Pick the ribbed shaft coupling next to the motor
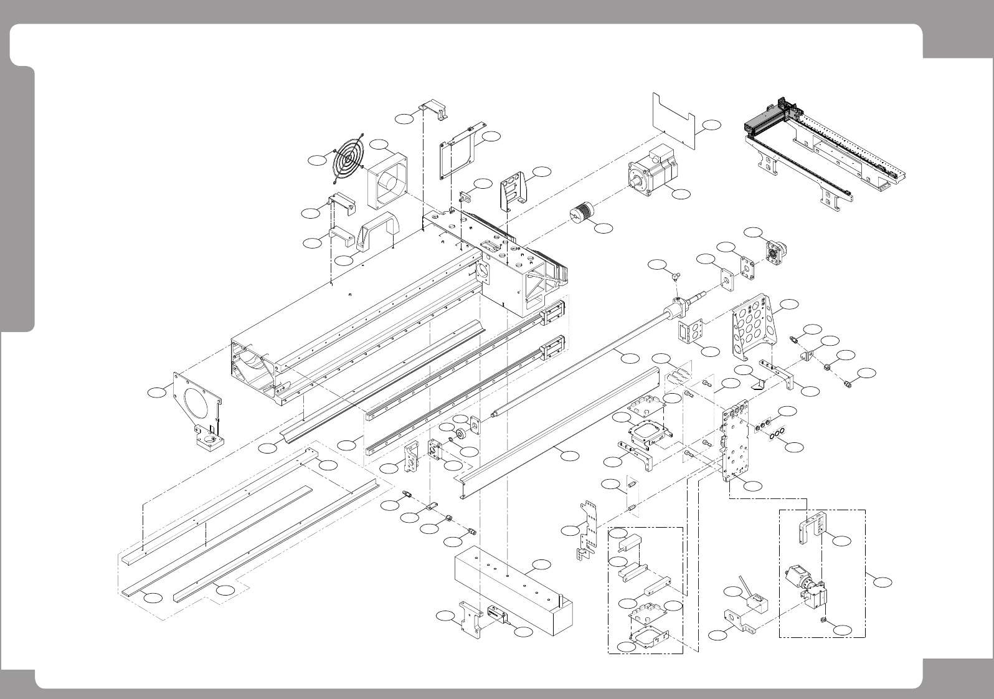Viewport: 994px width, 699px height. [583, 214]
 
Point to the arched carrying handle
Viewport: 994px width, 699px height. [376, 230]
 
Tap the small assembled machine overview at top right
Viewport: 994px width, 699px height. [825, 150]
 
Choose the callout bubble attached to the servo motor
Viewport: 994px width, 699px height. [682, 194]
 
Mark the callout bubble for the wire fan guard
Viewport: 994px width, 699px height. [318, 160]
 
